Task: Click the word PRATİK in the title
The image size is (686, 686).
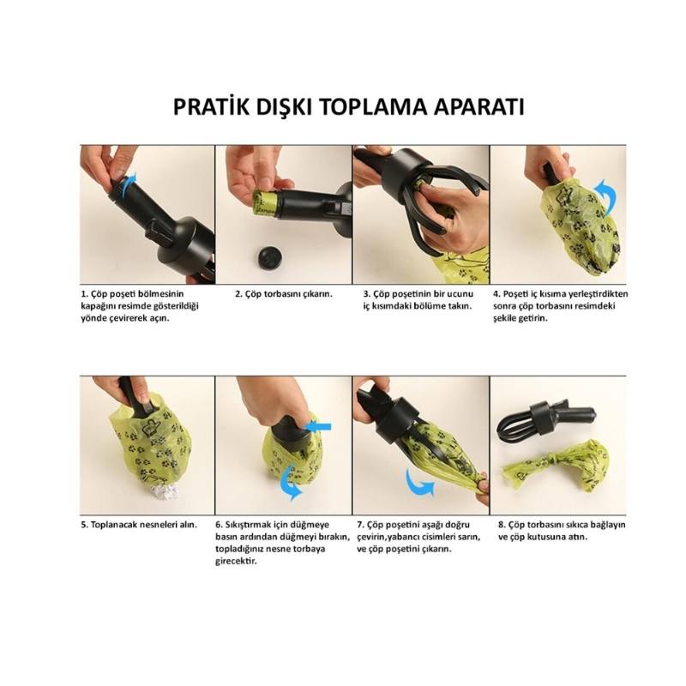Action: [x=213, y=108]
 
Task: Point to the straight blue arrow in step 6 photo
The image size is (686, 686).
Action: [x=316, y=426]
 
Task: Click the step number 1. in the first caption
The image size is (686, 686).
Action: [x=84, y=293]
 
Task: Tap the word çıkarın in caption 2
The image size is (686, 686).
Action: [x=315, y=293]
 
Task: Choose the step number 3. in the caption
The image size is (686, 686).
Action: [x=366, y=293]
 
